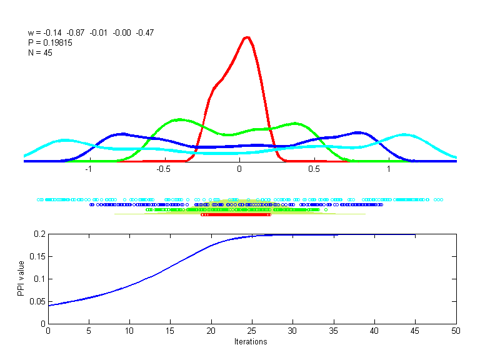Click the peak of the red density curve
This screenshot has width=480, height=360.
coord(247,37)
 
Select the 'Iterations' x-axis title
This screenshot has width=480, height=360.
coord(251,342)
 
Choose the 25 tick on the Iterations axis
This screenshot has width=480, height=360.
coord(252,331)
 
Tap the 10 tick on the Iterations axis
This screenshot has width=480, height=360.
coord(129,331)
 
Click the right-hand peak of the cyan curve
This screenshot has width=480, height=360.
coord(405,134)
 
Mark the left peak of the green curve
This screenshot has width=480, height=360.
coord(180,119)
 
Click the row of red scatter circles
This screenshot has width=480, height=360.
coord(235,215)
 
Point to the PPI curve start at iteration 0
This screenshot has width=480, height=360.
coord(48,306)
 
